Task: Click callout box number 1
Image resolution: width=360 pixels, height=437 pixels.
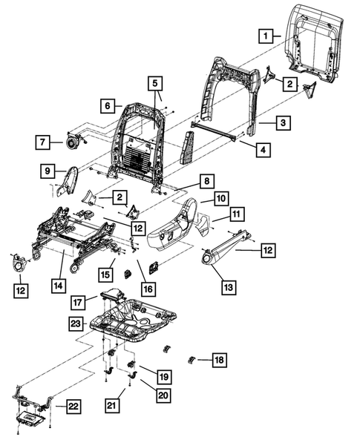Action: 266,34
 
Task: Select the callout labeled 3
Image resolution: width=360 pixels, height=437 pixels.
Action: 282,122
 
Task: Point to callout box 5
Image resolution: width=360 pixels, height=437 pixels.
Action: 156,84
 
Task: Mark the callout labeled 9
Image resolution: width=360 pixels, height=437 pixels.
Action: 48,173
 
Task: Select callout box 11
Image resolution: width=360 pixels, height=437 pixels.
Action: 236,215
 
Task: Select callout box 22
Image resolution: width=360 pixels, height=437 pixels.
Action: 73,407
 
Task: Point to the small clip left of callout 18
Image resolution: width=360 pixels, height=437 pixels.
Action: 192,360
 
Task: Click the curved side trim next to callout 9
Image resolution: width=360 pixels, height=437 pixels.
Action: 73,180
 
